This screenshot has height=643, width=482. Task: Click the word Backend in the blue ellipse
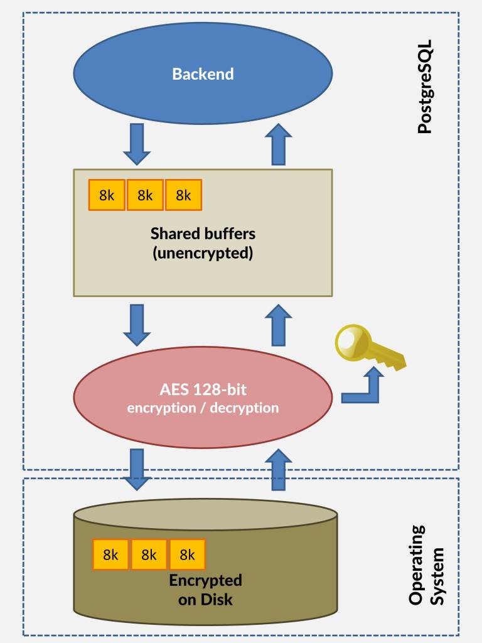203,74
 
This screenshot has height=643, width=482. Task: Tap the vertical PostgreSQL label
425,88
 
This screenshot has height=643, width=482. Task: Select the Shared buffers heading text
203,234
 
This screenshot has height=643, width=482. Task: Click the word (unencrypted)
203,254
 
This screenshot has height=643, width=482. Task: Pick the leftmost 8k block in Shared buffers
107,195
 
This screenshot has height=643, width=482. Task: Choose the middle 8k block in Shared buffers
145,195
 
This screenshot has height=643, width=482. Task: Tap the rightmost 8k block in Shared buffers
183,195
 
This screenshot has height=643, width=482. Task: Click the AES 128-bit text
203,389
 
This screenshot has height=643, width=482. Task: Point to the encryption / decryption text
203,408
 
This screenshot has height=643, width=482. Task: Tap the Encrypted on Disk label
205,590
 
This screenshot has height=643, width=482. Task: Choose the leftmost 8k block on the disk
110,554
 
